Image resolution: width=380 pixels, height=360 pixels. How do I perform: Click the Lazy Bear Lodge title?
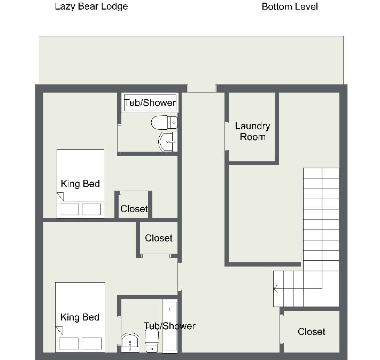pyautogui.click(x=91, y=6)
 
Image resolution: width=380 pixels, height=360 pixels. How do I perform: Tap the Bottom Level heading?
pyautogui.click(x=290, y=6)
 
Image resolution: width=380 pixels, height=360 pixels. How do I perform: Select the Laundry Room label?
pyautogui.click(x=252, y=131)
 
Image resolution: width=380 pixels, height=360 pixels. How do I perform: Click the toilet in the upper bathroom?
pyautogui.click(x=164, y=123)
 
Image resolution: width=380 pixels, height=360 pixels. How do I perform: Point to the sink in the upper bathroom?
pyautogui.click(x=168, y=142)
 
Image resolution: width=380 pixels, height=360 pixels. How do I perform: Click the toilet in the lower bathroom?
pyautogui.click(x=152, y=340)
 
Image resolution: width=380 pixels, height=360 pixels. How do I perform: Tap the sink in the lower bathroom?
pyautogui.click(x=130, y=342)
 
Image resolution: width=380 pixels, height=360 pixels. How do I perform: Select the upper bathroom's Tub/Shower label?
pyautogui.click(x=150, y=103)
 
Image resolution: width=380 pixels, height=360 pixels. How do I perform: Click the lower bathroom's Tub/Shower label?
pyautogui.click(x=169, y=326)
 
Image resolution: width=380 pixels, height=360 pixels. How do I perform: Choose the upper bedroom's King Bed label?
pyautogui.click(x=80, y=184)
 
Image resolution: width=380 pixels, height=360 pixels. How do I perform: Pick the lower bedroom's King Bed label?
pyautogui.click(x=80, y=317)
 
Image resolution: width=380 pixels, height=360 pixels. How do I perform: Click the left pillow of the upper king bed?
pyautogui.click(x=69, y=209)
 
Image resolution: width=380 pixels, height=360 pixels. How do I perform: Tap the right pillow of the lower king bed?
pyautogui.click(x=91, y=343)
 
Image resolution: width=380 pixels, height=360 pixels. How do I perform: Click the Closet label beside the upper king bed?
pyautogui.click(x=134, y=209)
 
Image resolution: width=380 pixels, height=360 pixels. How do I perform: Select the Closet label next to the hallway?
pyautogui.click(x=159, y=238)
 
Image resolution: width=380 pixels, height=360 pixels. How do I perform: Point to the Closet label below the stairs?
pyautogui.click(x=312, y=332)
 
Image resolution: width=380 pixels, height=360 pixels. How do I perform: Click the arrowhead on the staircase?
pyautogui.click(x=276, y=289)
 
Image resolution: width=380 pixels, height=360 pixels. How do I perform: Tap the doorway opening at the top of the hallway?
pyautogui.click(x=202, y=89)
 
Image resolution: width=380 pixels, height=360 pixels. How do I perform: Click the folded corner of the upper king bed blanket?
pyautogui.click(x=60, y=197)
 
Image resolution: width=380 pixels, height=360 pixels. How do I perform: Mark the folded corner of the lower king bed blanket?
pyautogui.click(x=59, y=331)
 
